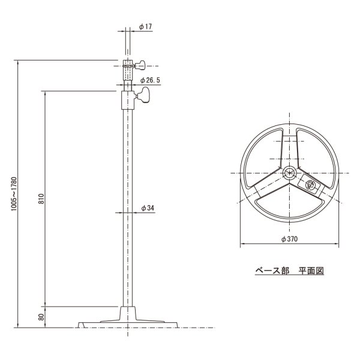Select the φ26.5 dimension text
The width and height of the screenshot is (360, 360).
(151, 79)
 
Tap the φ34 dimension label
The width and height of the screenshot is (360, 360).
(148, 207)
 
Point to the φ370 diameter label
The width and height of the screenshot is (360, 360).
(290, 239)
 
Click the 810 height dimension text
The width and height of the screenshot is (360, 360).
(41, 199)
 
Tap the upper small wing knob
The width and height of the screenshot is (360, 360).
(143, 64)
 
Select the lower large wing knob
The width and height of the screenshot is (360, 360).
(144, 95)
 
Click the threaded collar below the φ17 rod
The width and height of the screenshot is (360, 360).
(127, 70)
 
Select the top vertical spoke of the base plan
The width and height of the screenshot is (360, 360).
(290, 147)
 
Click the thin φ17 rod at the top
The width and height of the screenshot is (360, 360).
(127, 42)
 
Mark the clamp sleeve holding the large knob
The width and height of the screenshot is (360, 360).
(127, 98)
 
